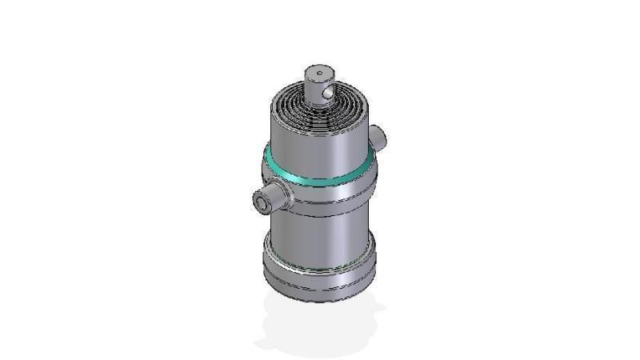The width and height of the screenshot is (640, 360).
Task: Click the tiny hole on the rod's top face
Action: [x=319, y=74]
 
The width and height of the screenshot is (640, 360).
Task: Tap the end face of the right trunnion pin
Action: [x=384, y=134]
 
